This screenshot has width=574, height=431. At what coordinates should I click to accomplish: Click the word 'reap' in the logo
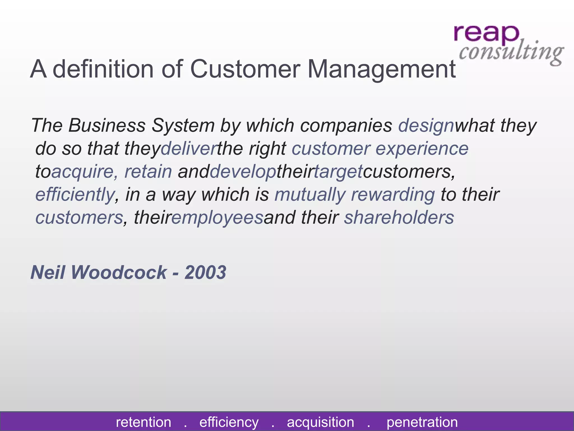coord(486,34)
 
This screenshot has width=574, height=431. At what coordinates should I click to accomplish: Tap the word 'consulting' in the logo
coord(511,52)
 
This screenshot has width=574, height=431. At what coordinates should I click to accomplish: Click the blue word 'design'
coord(426,126)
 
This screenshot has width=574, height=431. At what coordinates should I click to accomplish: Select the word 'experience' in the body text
coord(422,149)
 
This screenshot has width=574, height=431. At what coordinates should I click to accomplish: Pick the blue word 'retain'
coord(148,171)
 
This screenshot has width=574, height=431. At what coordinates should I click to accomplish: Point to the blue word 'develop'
coord(243,172)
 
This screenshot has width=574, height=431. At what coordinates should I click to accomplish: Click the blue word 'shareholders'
coord(399,217)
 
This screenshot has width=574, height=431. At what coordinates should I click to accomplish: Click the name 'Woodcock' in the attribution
coord(119,272)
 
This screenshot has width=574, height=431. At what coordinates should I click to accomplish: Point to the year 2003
coord(205,272)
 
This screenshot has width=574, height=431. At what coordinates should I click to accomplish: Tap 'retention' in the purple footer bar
coord(143,422)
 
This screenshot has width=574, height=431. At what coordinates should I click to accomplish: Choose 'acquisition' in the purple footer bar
coord(320,422)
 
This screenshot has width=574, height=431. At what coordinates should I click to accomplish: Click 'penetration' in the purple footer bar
coord(422,422)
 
